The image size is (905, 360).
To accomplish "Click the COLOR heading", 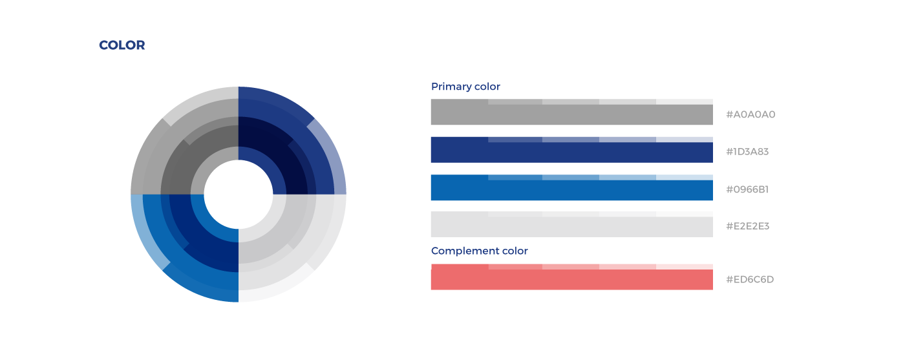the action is tap(122, 45).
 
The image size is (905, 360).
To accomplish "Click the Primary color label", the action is tap(465, 87).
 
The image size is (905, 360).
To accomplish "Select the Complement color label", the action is tap(479, 251).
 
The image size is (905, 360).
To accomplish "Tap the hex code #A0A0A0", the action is tap(751, 114).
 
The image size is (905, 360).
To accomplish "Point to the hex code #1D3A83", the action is tap(747, 151).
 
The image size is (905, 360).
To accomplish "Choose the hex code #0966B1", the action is tap(747, 189).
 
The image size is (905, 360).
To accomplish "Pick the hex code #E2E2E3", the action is tap(747, 226).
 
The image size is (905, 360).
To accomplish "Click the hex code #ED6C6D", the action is tap(749, 279).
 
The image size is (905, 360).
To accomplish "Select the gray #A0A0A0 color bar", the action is tap(571, 114).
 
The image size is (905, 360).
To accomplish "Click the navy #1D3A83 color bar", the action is tap(571, 153).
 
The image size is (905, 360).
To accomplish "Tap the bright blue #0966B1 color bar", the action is tap(571, 190).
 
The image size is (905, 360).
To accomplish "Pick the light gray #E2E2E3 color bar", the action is tap(571, 227).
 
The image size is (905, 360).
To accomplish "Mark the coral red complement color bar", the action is tap(571, 279).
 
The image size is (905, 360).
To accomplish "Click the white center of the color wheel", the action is tap(239, 195).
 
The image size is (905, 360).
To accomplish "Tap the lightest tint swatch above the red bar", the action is tap(685, 267).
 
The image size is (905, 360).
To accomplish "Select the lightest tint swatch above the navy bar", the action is tap(685, 140).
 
